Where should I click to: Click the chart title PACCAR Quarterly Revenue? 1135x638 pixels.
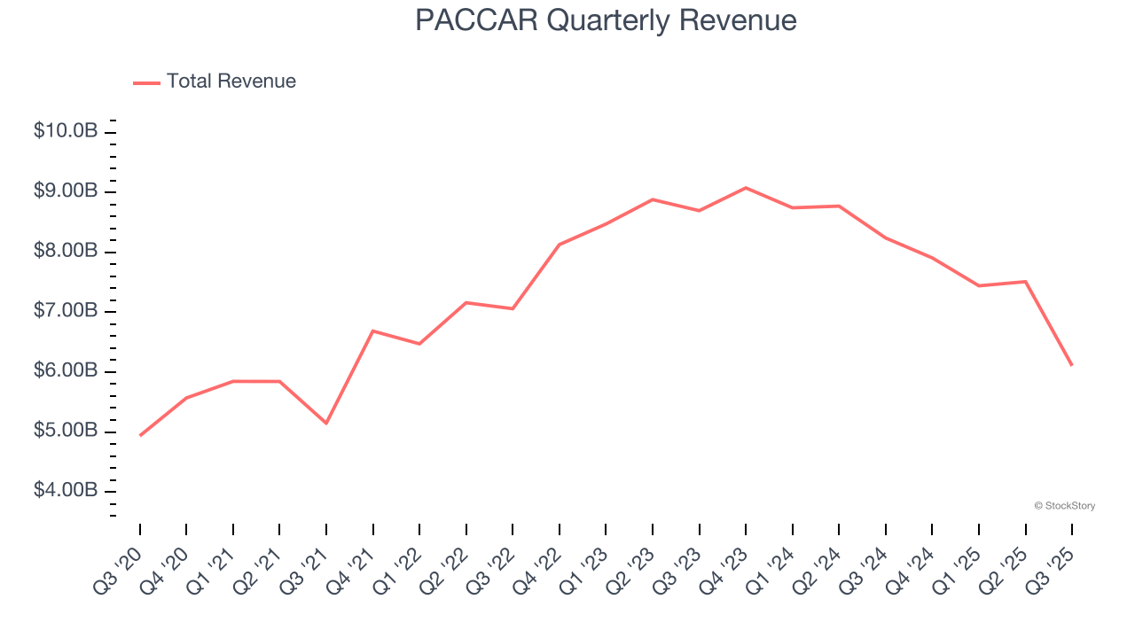pyautogui.click(x=606, y=19)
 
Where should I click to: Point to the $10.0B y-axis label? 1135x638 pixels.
pyautogui.click(x=66, y=131)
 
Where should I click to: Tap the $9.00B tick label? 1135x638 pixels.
pyautogui.click(x=66, y=191)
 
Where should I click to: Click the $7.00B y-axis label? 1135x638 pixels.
pyautogui.click(x=66, y=311)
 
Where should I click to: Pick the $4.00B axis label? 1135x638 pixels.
pyautogui.click(x=66, y=491)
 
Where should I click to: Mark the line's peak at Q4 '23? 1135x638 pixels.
pyautogui.click(x=746, y=188)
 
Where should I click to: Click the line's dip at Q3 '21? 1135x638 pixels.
pyautogui.click(x=326, y=423)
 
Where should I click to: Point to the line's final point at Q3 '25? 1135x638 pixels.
pyautogui.click(x=1072, y=365)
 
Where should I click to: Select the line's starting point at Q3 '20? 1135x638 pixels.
pyautogui.click(x=140, y=435)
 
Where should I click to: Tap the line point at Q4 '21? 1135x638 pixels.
pyautogui.click(x=373, y=331)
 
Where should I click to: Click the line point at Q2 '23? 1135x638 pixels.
pyautogui.click(x=653, y=199)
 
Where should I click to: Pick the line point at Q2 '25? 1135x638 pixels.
pyautogui.click(x=1025, y=282)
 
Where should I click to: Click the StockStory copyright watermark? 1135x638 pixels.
pyautogui.click(x=1064, y=506)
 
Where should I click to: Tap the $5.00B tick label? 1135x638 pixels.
pyautogui.click(x=66, y=432)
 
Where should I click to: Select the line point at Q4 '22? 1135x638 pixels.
pyautogui.click(x=560, y=245)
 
